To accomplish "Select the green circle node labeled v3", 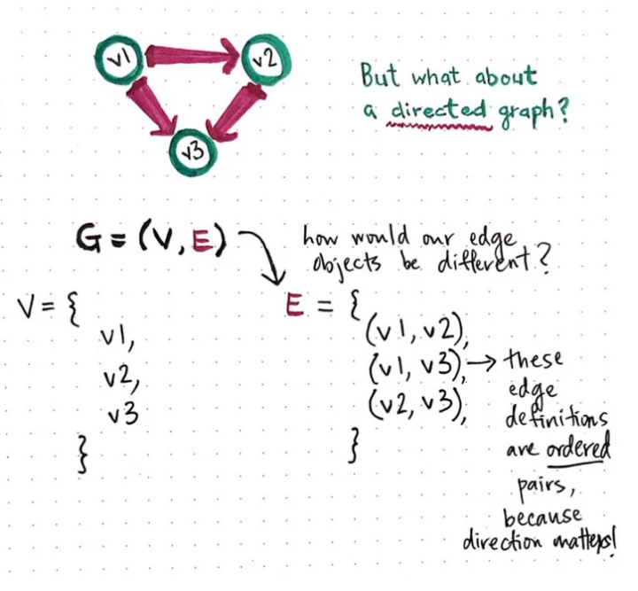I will (x=192, y=151).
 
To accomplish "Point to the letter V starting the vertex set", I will (x=27, y=307).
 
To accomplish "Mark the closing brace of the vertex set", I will (x=84, y=454).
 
